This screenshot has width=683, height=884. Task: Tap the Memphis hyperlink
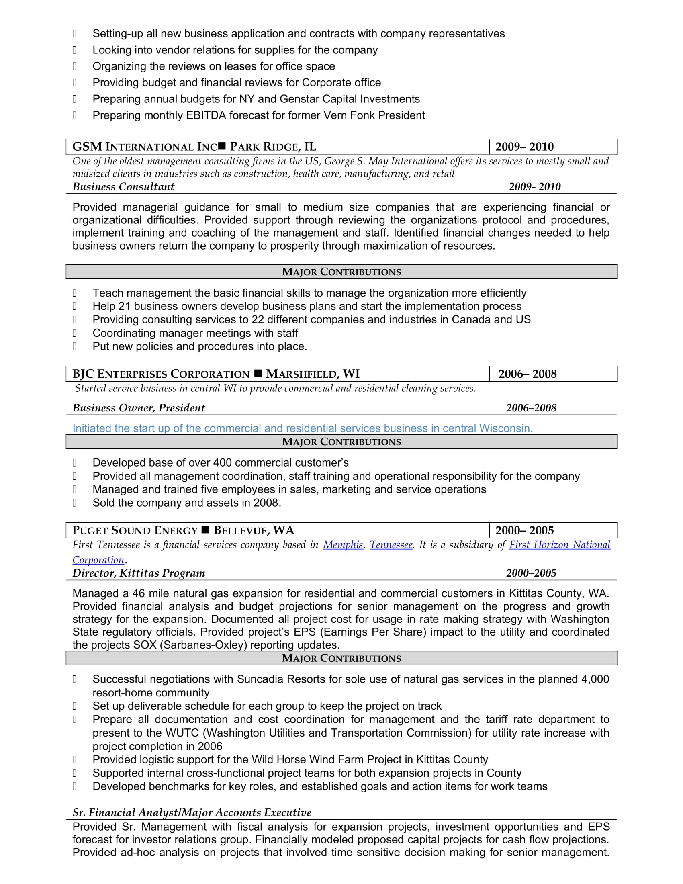coord(343,545)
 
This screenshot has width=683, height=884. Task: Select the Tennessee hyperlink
coord(391,545)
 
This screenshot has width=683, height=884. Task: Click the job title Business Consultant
coord(123,186)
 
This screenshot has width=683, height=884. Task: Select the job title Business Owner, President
coord(138,407)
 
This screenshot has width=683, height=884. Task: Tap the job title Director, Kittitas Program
coord(138,573)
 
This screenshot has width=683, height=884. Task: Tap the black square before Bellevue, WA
coord(205,530)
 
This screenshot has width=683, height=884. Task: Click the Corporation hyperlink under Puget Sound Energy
coord(98,560)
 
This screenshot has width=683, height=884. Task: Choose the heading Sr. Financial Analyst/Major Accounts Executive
coord(192,812)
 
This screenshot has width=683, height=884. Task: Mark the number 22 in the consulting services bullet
coord(258,320)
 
